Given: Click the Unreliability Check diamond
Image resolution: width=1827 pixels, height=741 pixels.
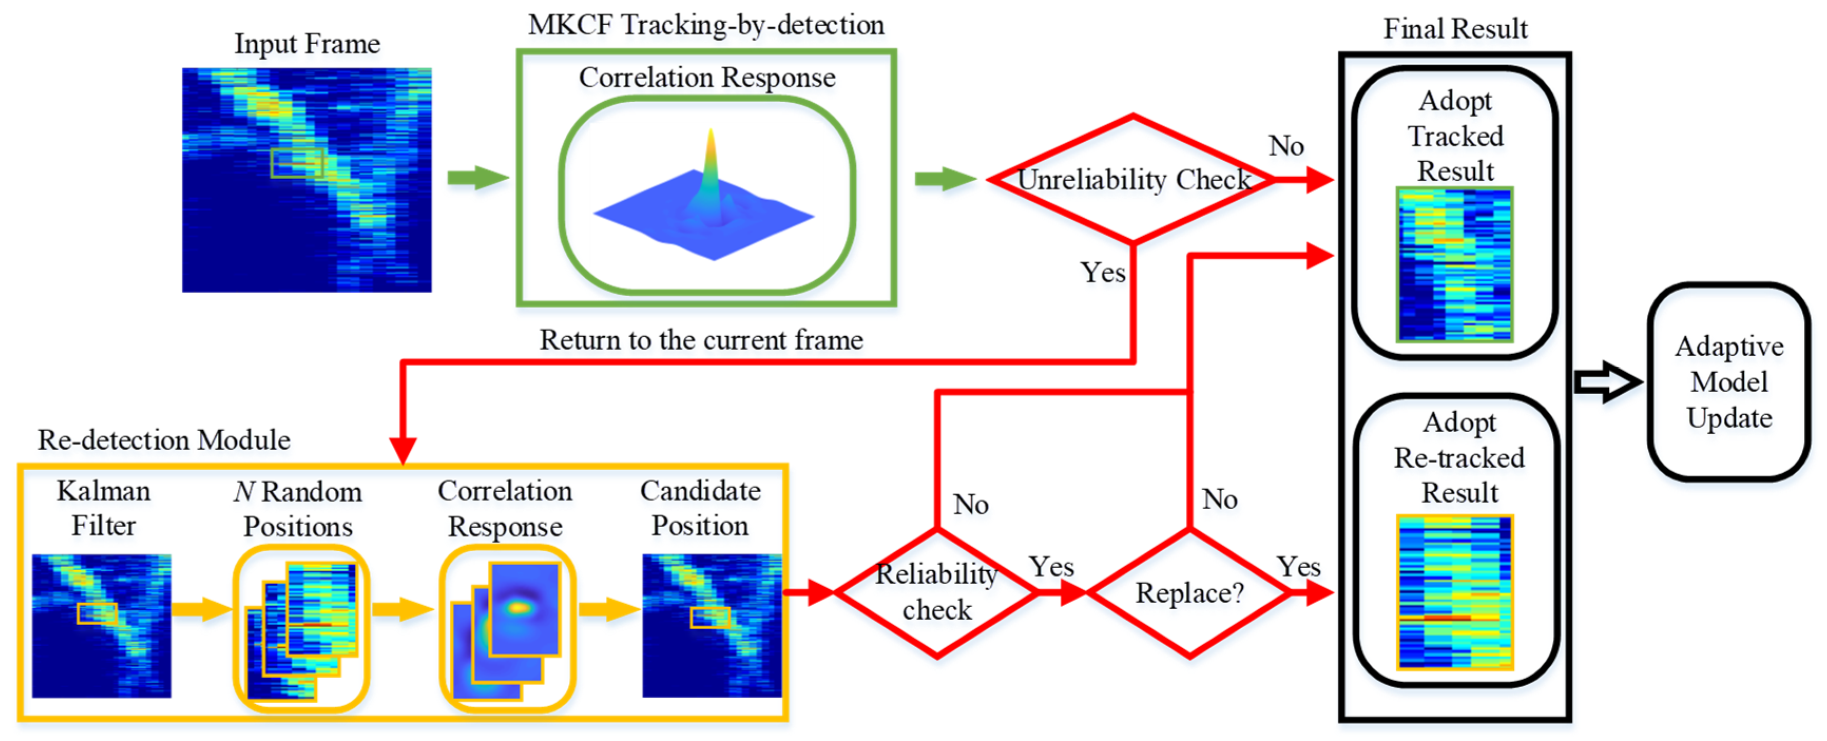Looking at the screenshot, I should tap(1133, 179).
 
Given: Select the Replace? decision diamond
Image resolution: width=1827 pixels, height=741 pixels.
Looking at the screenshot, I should tap(1190, 593).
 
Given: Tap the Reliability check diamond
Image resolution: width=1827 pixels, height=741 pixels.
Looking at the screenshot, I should tap(937, 593).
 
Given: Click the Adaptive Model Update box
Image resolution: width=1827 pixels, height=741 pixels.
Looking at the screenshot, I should tap(1728, 382).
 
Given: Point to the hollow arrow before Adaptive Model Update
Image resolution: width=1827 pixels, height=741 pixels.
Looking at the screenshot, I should tap(1607, 382).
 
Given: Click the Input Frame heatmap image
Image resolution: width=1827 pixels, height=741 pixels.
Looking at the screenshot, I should tap(306, 180).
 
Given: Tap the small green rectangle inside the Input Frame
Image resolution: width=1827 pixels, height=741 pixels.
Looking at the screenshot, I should tap(296, 163).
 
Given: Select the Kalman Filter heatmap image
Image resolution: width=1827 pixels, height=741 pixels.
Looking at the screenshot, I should tap(101, 626).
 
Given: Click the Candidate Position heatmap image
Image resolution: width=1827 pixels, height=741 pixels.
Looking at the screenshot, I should tap(711, 626).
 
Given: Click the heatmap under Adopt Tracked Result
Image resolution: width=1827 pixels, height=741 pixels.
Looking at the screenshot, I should tap(1455, 265).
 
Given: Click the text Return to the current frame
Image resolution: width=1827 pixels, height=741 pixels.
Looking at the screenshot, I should tap(701, 340).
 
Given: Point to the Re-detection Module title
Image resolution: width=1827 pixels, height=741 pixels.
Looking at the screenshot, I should tap(164, 441).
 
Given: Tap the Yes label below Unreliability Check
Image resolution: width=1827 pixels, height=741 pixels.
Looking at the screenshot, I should tap(1102, 272).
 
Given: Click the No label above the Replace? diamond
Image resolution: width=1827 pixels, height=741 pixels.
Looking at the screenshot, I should tap(1219, 499).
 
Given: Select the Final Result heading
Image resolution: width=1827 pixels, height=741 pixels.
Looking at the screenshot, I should tap(1455, 29).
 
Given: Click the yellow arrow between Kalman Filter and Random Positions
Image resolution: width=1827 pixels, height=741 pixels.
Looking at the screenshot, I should tap(201, 608).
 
